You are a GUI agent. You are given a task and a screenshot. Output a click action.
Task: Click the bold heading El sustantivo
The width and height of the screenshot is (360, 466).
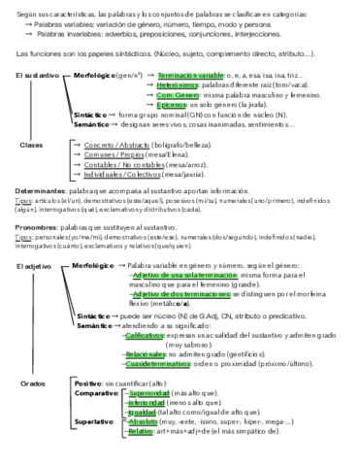coord(35,74)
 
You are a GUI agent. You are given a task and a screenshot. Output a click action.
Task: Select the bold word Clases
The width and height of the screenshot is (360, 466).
coord(31,144)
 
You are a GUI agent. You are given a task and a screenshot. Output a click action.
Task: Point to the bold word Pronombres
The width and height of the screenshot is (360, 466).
coord(34,228)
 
